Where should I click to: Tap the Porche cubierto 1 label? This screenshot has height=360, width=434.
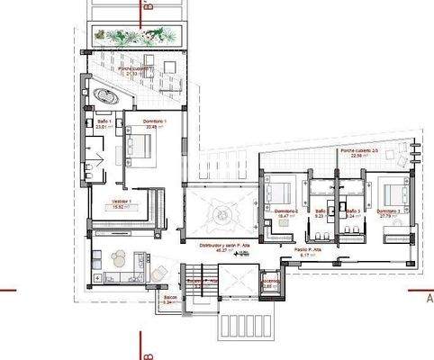click(x=136, y=70)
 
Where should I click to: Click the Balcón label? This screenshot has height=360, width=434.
click(x=168, y=298)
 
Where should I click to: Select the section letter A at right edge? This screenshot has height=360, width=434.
click(x=429, y=299)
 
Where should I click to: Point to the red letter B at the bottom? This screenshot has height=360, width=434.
click(x=144, y=342)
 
